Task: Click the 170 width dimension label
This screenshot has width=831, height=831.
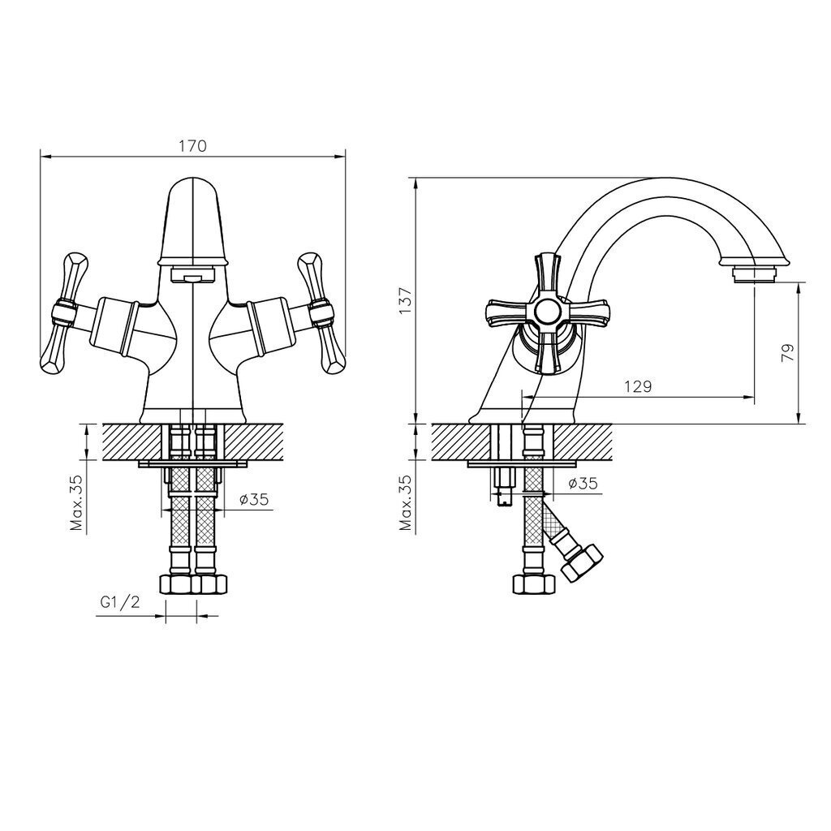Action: click(x=192, y=146)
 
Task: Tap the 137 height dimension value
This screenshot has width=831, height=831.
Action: click(x=406, y=300)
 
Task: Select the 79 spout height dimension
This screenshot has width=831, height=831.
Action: click(x=789, y=353)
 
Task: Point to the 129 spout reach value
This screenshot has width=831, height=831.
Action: click(x=638, y=386)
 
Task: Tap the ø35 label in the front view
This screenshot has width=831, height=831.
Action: click(x=254, y=499)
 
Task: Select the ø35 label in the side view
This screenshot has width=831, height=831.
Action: click(x=583, y=484)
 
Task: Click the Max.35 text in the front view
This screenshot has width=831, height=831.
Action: click(x=77, y=502)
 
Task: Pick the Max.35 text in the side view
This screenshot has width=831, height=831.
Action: click(x=406, y=502)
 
